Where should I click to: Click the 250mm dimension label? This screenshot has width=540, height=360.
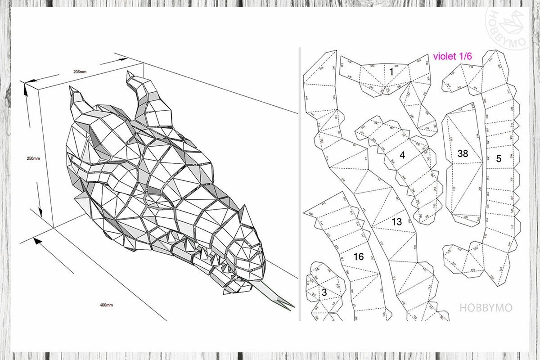33,158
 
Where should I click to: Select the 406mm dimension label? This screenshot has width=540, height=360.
106,305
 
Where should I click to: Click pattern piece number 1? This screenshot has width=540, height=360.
391,72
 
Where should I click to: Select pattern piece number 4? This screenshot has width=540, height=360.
402,155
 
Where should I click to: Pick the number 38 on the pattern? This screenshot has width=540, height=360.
462,153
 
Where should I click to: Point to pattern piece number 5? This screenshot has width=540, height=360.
499,158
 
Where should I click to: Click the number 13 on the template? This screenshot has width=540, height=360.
396,221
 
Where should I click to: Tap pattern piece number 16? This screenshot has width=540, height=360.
358,257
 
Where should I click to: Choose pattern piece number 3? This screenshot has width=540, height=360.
324,292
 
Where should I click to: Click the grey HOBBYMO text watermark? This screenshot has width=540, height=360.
486,308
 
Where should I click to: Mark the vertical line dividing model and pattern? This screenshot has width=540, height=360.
300,180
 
